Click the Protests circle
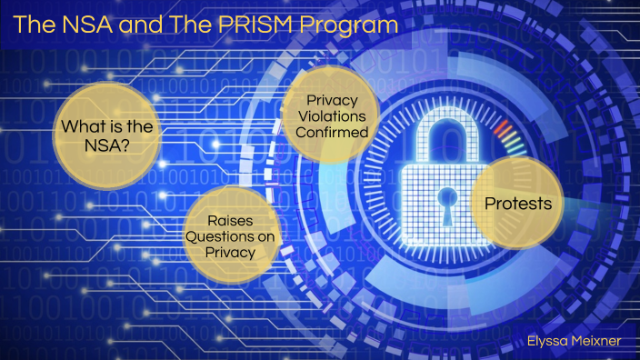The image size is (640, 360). (x=518, y=204)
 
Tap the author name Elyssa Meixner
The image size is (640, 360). (x=575, y=341)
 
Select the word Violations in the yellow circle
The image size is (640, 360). (x=335, y=116)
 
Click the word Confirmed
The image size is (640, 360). (x=335, y=133)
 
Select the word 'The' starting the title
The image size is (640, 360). (x=31, y=25)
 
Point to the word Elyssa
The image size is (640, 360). (x=548, y=341)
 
